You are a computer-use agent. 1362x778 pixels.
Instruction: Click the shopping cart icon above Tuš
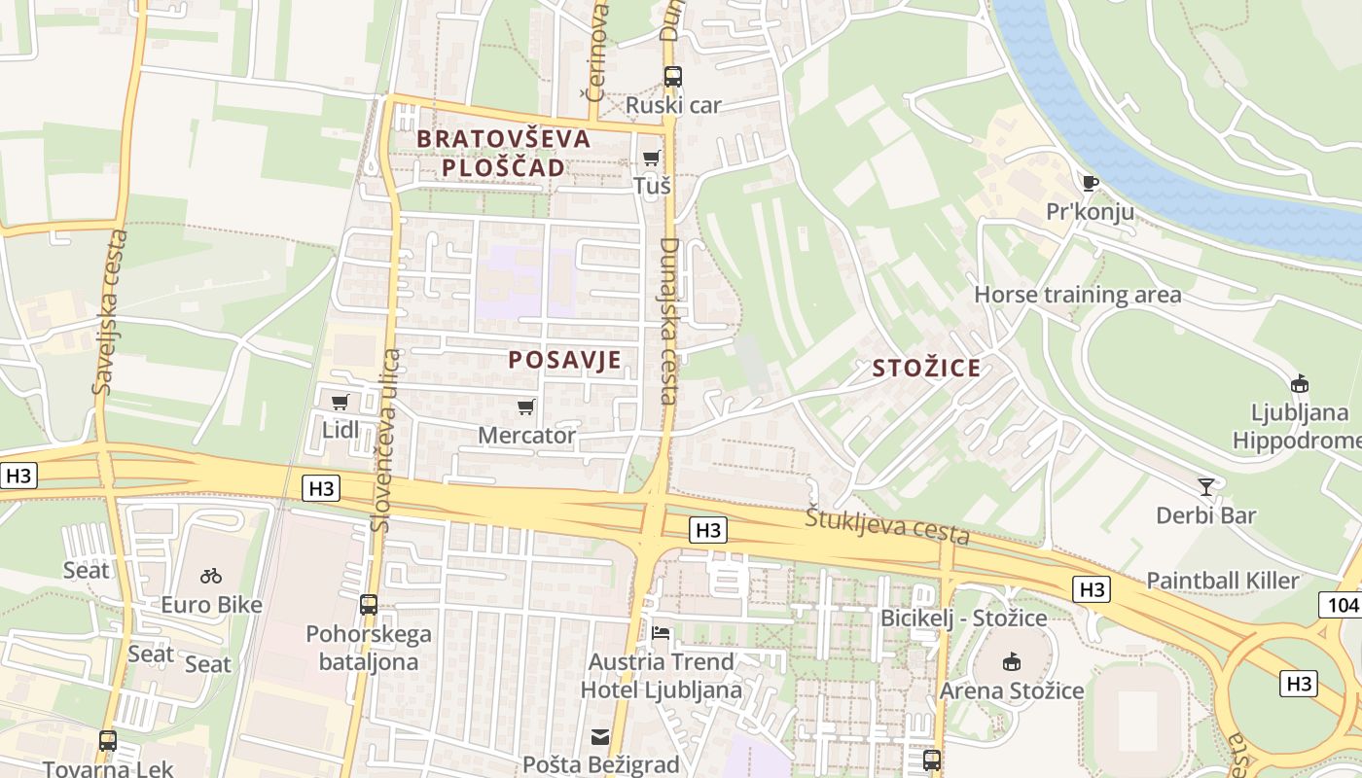pos(651,158)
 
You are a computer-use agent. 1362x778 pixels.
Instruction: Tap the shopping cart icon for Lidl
pos(340,402)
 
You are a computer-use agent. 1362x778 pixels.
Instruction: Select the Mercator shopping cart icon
pos(526,407)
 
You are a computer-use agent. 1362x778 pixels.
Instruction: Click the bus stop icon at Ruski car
pos(672,76)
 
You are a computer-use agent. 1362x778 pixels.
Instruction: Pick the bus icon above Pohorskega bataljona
pos(368,604)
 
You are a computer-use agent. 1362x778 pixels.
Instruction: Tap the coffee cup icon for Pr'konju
pos(1090,183)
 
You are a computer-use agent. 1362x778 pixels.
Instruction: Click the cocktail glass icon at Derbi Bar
pos(1206,486)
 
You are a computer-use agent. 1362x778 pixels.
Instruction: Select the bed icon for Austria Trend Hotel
pos(662,633)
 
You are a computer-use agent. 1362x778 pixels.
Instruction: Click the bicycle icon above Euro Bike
pos(211,576)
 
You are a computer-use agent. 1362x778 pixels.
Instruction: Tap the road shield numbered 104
pos(1342,604)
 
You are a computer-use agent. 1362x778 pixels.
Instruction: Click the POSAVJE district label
pos(564,360)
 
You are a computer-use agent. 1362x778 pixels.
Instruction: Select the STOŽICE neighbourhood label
pos(926,368)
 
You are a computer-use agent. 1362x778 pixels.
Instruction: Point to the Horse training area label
pos(1078,295)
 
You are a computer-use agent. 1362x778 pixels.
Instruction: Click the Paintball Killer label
pos(1222,581)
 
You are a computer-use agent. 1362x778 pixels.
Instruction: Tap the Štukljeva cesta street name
pos(887,526)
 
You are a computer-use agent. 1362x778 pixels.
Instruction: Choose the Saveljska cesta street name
pos(110,311)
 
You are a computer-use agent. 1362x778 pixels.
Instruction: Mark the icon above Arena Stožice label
pos(1012,662)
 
